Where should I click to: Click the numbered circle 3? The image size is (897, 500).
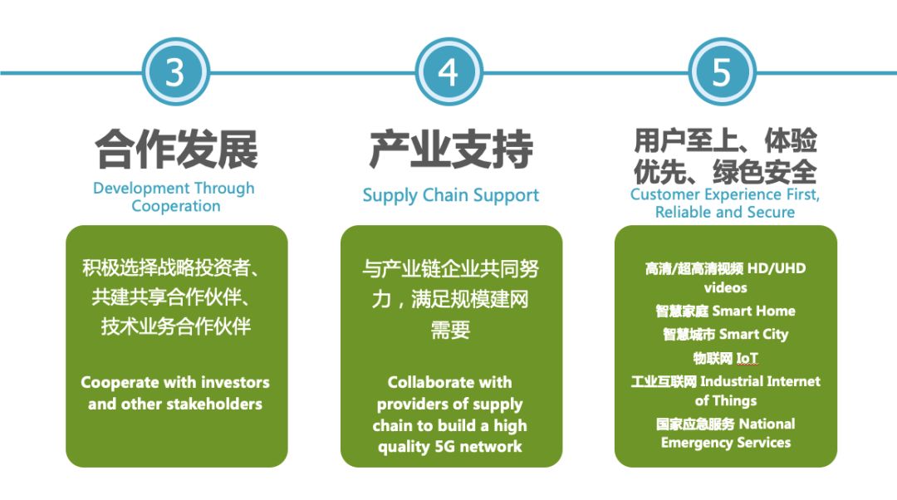click(175, 72)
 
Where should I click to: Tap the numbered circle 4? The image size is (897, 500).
click(448, 72)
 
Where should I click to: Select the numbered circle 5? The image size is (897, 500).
click(722, 72)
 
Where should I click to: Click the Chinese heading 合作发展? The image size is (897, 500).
click(176, 150)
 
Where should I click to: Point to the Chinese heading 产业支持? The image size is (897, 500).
click(451, 150)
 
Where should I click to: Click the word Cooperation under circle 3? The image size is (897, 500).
click(175, 206)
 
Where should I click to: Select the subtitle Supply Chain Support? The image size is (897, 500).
click(451, 196)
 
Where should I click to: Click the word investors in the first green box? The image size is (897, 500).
click(236, 382)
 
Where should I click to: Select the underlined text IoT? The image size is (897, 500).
click(747, 358)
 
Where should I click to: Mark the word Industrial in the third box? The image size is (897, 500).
click(731, 381)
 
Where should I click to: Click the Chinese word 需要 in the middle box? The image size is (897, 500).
click(450, 330)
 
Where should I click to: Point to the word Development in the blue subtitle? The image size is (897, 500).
click(133, 189)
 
